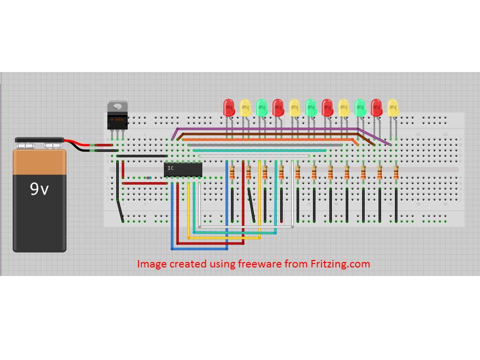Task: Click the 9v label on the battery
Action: (38, 189)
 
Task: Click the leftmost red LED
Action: (229, 106)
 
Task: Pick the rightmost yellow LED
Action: (393, 106)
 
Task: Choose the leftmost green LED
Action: (261, 106)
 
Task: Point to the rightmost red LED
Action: (376, 106)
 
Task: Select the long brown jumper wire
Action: (270, 134)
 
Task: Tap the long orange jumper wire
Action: (270, 139)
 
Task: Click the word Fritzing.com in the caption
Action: (345, 263)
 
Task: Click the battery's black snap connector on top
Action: (38, 140)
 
